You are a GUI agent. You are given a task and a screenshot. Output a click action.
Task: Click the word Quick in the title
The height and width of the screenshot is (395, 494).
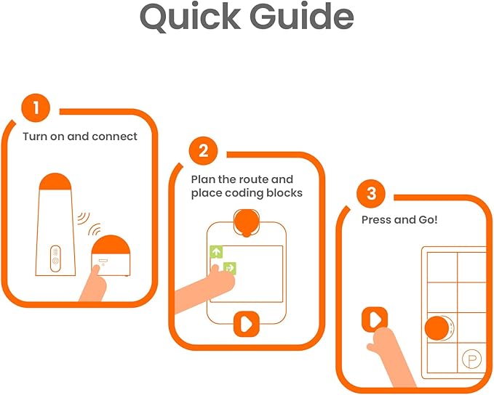[x=191, y=17]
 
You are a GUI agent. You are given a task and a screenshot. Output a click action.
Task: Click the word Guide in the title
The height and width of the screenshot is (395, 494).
[x=302, y=17]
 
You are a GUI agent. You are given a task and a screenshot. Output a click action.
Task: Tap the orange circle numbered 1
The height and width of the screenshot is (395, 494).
[x=36, y=107]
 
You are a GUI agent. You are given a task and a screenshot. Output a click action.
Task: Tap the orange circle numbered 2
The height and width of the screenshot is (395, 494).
[x=204, y=150]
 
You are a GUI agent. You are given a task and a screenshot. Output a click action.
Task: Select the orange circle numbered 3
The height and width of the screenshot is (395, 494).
[x=371, y=193]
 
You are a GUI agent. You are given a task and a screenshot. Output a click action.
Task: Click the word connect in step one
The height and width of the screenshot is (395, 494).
[x=114, y=137]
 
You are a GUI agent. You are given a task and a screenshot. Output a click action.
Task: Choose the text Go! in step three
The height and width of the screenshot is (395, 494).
[x=428, y=219]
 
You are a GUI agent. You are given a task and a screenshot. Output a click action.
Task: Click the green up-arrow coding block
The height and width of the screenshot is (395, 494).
[x=216, y=251]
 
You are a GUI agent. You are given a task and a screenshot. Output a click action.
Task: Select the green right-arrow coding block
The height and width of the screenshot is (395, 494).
[x=229, y=268]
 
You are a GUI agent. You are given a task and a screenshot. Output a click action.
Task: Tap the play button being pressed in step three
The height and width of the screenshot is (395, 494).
[x=375, y=319]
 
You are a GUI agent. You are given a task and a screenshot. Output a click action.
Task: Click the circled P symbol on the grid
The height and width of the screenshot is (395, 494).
[x=471, y=359]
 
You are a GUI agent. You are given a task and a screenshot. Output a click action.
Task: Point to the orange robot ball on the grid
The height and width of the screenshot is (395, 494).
[x=437, y=328]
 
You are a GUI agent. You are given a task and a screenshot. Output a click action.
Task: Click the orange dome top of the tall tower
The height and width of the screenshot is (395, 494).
[x=55, y=182]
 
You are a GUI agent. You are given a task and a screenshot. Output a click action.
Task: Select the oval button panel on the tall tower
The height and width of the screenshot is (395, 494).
[x=55, y=258]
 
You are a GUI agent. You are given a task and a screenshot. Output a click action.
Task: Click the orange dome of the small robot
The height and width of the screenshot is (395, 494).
[x=111, y=245]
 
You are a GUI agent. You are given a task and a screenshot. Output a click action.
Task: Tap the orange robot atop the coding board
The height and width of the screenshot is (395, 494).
[x=247, y=222]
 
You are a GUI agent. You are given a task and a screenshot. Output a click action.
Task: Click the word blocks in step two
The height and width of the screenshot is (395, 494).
[x=284, y=193]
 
